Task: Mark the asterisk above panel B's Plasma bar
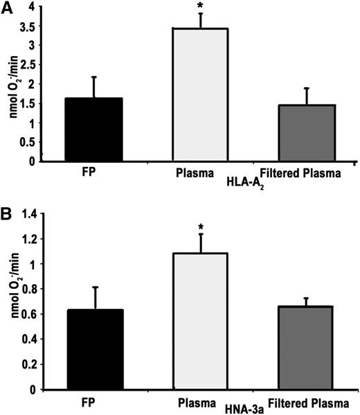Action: tap(200, 228)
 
